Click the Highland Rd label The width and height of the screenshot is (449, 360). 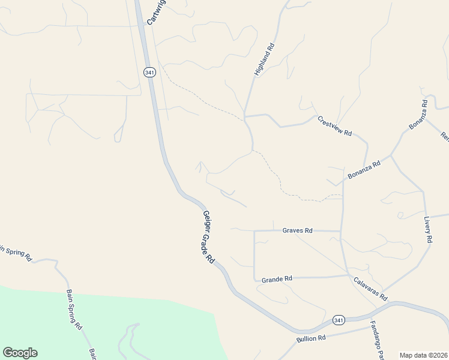pyautogui.click(x=264, y=59)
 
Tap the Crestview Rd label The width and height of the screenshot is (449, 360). pyautogui.click(x=334, y=126)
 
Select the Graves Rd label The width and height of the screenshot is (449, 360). pyautogui.click(x=298, y=230)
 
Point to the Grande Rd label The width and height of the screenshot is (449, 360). pyautogui.click(x=277, y=278)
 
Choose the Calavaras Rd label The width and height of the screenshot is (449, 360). pyautogui.click(x=370, y=289)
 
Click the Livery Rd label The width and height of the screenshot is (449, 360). pyautogui.click(x=428, y=229)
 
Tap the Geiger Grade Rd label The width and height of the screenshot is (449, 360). pyautogui.click(x=208, y=238)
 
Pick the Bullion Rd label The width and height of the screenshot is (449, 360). pyautogui.click(x=311, y=338)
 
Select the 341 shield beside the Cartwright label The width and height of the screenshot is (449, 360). pyautogui.click(x=149, y=72)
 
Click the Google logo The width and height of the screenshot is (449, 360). pyautogui.click(x=20, y=353)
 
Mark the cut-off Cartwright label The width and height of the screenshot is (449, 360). pyautogui.click(x=155, y=12)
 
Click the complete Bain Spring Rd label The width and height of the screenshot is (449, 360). pyautogui.click(x=74, y=310)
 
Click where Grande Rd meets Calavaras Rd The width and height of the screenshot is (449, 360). pyautogui.click(x=349, y=276)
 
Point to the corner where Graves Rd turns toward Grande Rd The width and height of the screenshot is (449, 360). pyautogui.click(x=255, y=231)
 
